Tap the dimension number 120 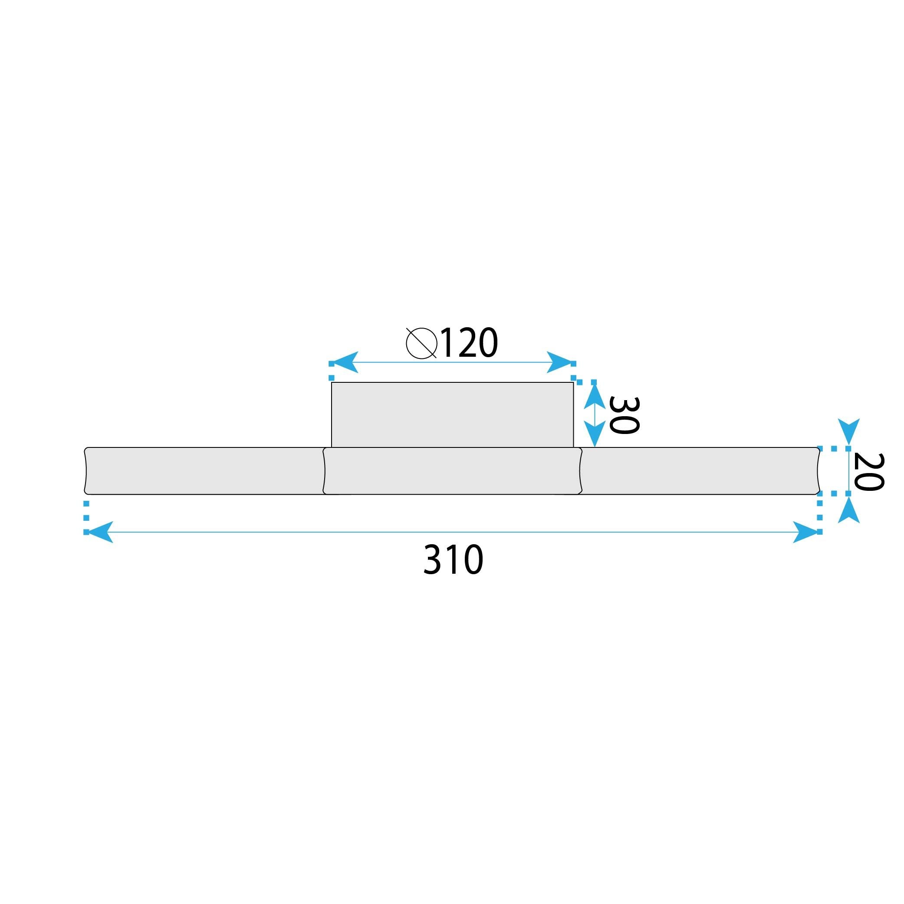click(x=469, y=343)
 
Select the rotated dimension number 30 click(x=624, y=415)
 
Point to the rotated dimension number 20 click(x=868, y=472)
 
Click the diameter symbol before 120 click(x=421, y=343)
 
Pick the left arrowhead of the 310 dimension click(x=99, y=532)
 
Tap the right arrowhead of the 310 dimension click(x=806, y=532)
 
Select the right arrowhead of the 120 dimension click(x=560, y=362)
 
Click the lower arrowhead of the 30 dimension click(x=594, y=434)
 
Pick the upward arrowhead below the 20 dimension click(x=848, y=511)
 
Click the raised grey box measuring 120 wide click(x=452, y=414)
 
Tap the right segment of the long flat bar click(x=700, y=471)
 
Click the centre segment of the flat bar click(x=452, y=471)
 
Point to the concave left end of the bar click(x=85, y=471)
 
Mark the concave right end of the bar click(x=819, y=471)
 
